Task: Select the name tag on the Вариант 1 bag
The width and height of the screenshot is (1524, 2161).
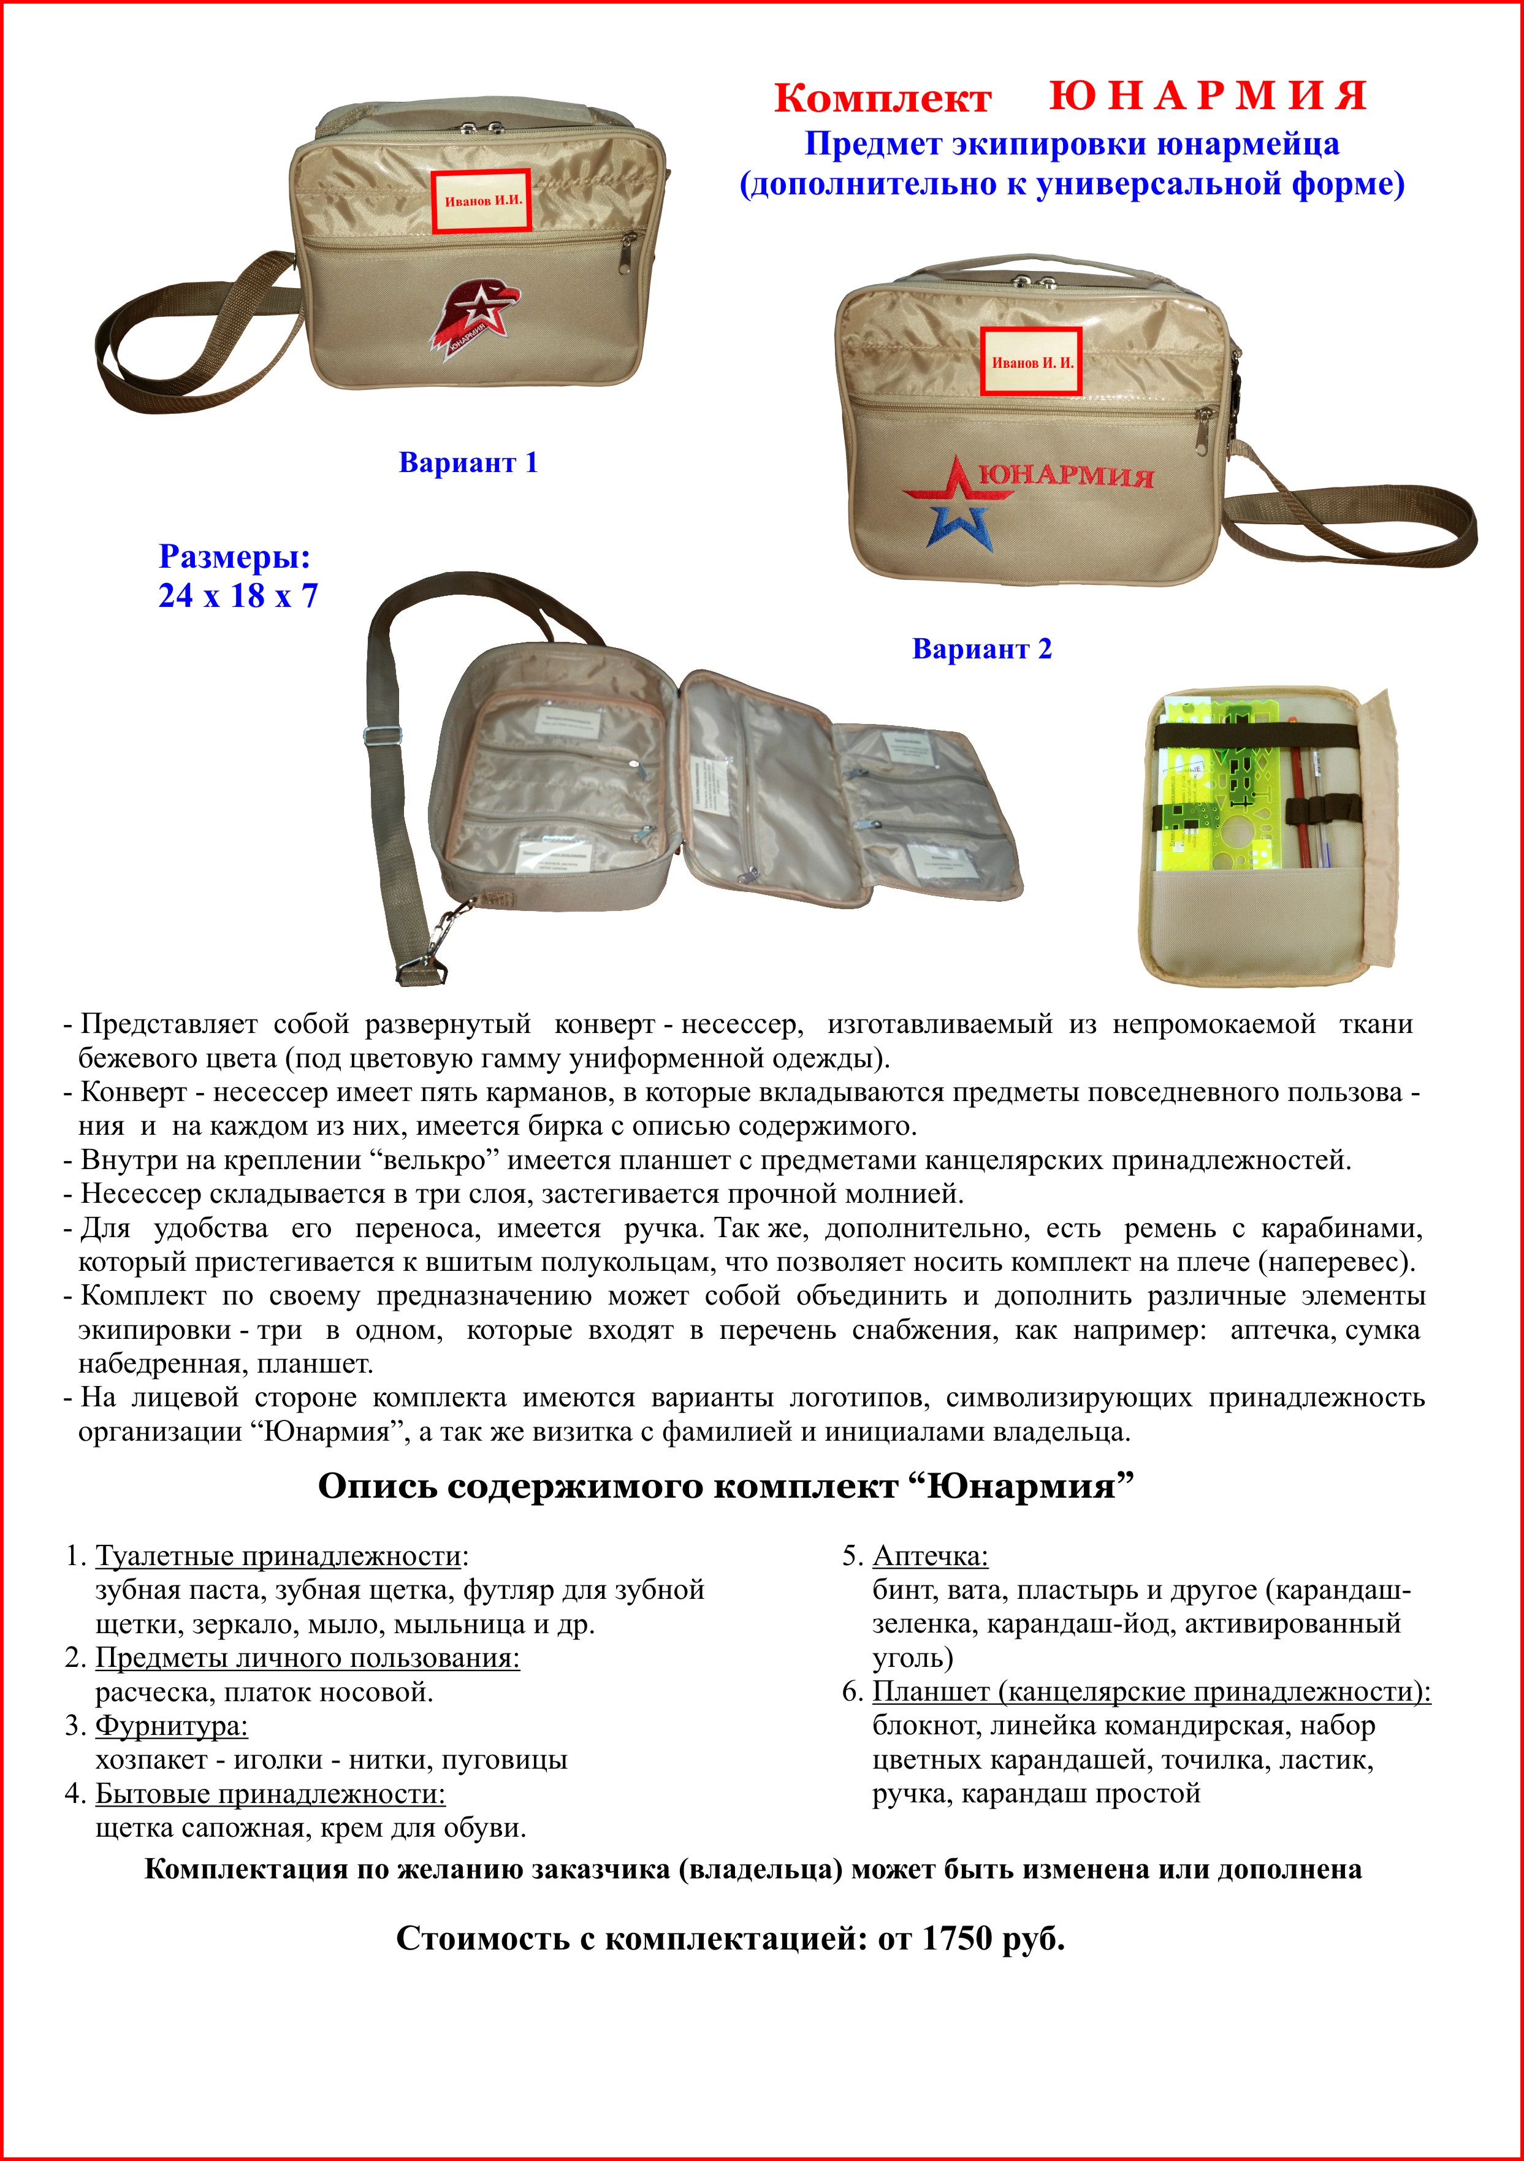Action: (x=481, y=199)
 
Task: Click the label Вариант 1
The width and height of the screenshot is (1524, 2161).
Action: (x=468, y=463)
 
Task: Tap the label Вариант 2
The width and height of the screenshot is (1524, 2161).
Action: (x=982, y=649)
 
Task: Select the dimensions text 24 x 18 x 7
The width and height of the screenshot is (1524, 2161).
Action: (x=238, y=596)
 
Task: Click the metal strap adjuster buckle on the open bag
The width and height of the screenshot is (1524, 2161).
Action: (x=385, y=739)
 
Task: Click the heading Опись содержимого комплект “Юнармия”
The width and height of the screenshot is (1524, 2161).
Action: (x=725, y=1486)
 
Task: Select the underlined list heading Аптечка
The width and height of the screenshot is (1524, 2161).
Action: (x=930, y=1557)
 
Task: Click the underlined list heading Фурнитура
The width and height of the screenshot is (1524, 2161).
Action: (x=171, y=1726)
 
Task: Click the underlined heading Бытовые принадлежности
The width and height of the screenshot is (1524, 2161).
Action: (x=270, y=1794)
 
